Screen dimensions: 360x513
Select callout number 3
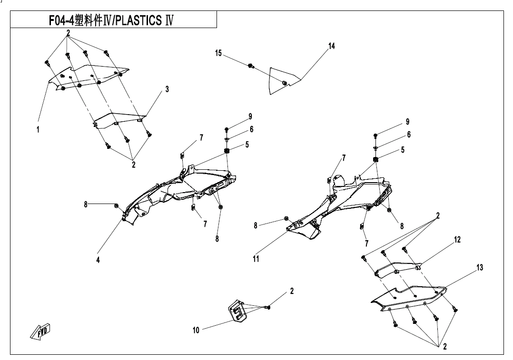pos(167,89)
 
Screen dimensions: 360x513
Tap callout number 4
pos(98,260)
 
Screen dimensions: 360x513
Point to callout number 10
pos(196,331)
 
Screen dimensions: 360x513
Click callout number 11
pos(256,259)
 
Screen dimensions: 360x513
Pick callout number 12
pos(457,240)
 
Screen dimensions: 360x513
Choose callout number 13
pos(480,268)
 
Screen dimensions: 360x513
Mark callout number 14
pos(332,46)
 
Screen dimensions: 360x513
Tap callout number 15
pos(218,53)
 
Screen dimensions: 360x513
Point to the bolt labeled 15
pos(250,65)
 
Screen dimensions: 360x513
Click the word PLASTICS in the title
pos(138,21)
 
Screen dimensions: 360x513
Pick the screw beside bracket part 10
pos(267,308)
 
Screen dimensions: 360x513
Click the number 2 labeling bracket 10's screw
pos(292,291)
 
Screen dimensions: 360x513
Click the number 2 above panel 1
pos(69,33)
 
